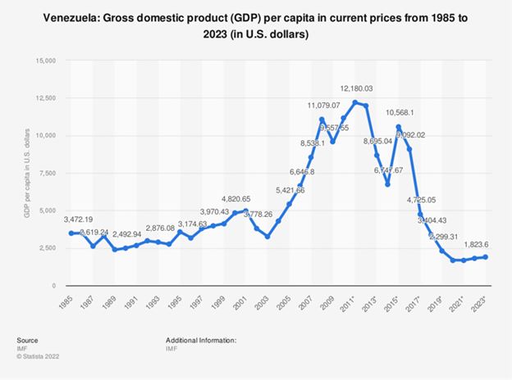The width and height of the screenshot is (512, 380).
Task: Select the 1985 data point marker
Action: [71, 233]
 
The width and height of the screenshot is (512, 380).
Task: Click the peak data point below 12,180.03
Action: [354, 102]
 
